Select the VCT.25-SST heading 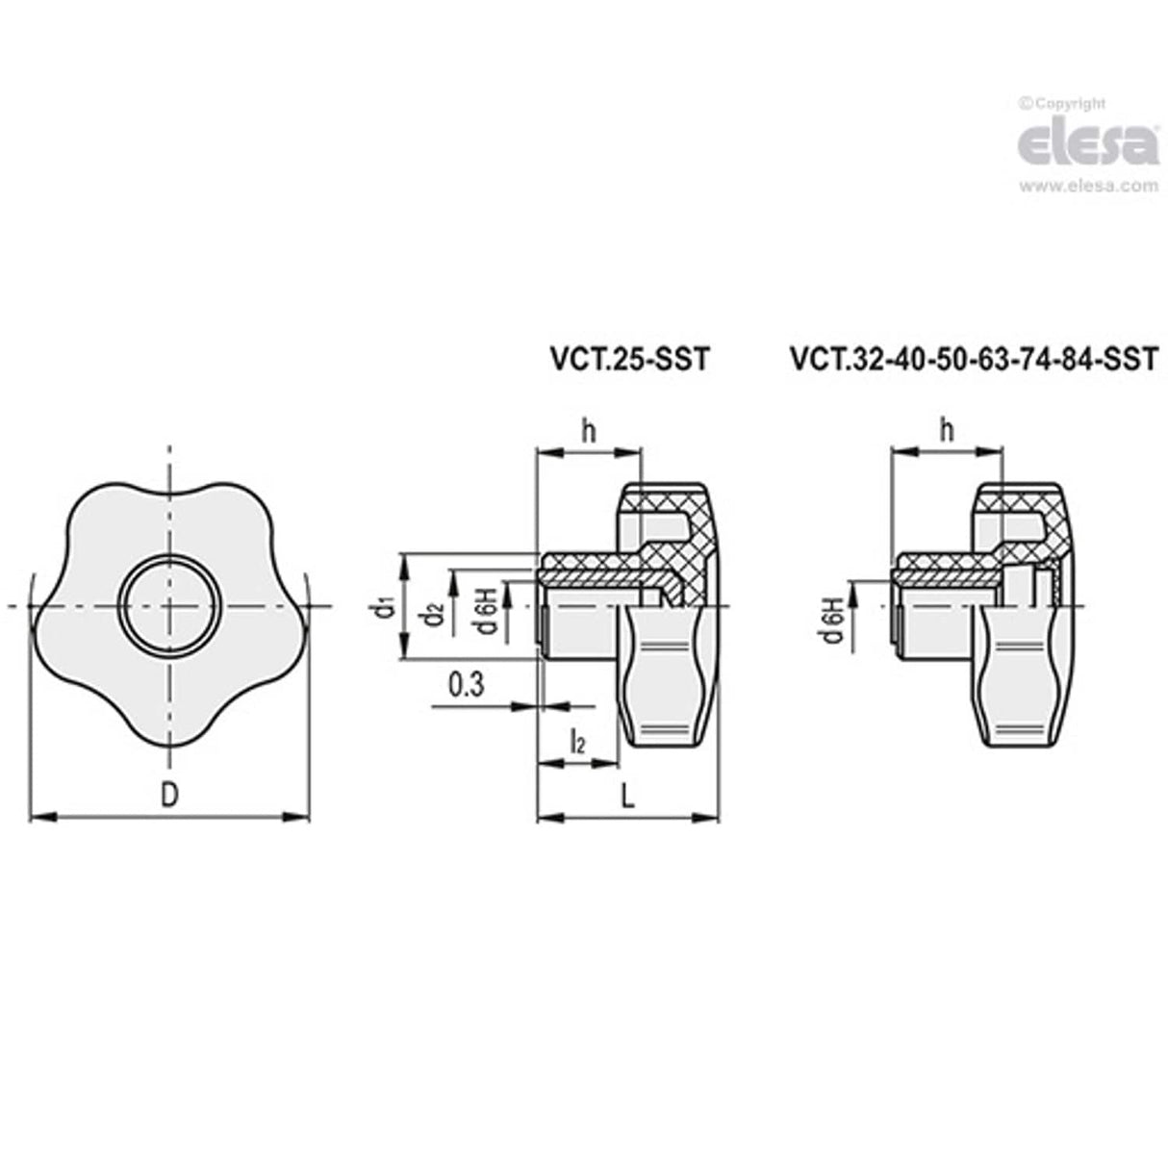pyautogui.click(x=628, y=360)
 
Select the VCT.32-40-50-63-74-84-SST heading pyautogui.click(x=973, y=360)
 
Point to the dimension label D pyautogui.click(x=169, y=795)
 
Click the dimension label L pyautogui.click(x=627, y=796)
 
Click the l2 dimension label pyautogui.click(x=577, y=742)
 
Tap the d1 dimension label pyautogui.click(x=384, y=607)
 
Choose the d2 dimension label pyautogui.click(x=435, y=613)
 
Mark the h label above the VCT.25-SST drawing pyautogui.click(x=588, y=430)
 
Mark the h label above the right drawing pyautogui.click(x=947, y=430)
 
